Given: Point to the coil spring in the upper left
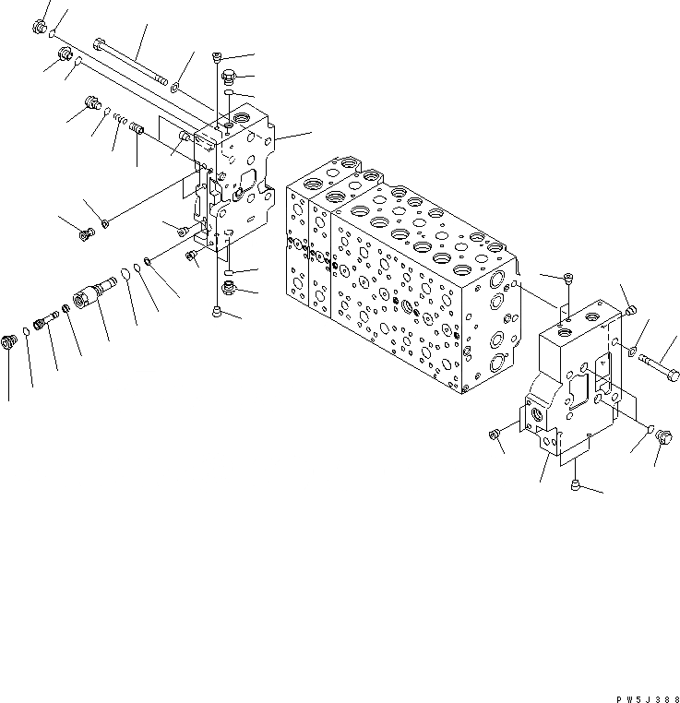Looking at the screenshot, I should [x=117, y=121].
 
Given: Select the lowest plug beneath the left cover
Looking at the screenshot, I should [x=217, y=312].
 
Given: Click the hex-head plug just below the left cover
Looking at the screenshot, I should [x=230, y=290].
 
